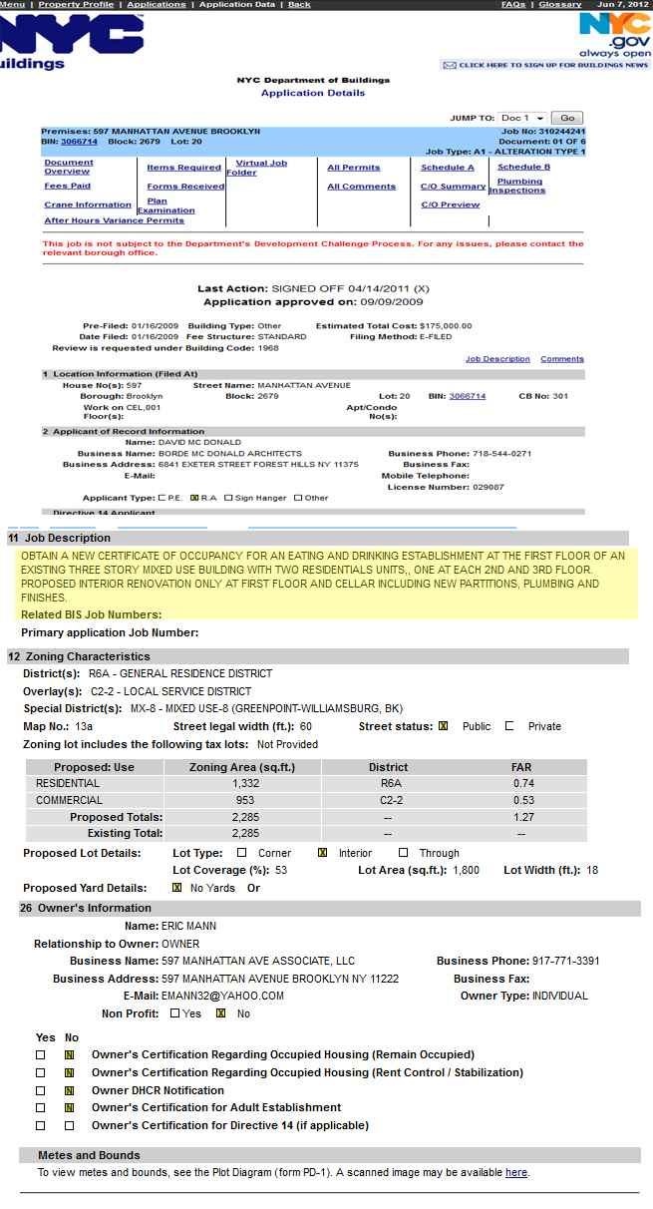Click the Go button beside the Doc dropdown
point(566,118)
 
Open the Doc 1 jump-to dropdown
point(523,118)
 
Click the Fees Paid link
point(67,186)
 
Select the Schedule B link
point(523,167)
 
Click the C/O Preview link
point(450,204)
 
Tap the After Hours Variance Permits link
point(114,220)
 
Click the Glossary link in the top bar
point(559,5)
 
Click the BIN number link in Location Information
point(467,396)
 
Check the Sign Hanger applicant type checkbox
point(229,498)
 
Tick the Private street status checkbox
point(509,726)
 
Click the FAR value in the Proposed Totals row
point(524,817)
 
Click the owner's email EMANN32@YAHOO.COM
point(222,996)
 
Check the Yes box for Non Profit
point(174,1013)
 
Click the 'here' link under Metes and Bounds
point(515,1172)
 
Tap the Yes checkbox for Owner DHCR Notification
point(41,1090)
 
